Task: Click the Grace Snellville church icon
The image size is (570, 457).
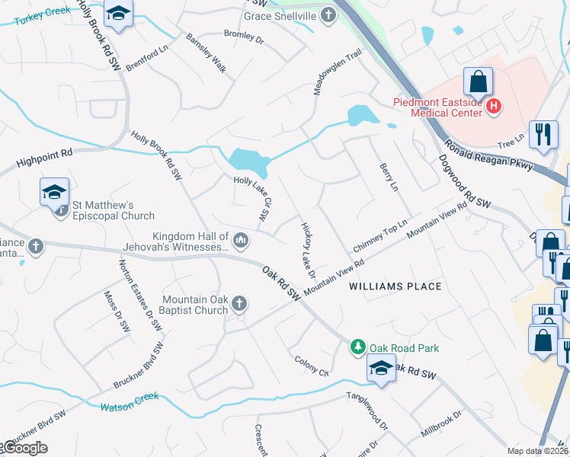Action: coord(328,16)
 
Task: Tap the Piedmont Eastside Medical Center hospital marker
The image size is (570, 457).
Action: coord(494,106)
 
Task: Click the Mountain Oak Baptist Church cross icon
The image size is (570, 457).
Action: coord(239,305)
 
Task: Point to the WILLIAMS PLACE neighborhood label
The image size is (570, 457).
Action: coord(395,286)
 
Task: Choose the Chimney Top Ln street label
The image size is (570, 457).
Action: coord(380,240)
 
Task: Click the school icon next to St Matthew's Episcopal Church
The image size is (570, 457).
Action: coord(55,192)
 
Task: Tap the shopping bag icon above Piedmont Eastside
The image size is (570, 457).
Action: coord(478,81)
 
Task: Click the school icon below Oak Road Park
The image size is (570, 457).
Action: coord(381,369)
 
